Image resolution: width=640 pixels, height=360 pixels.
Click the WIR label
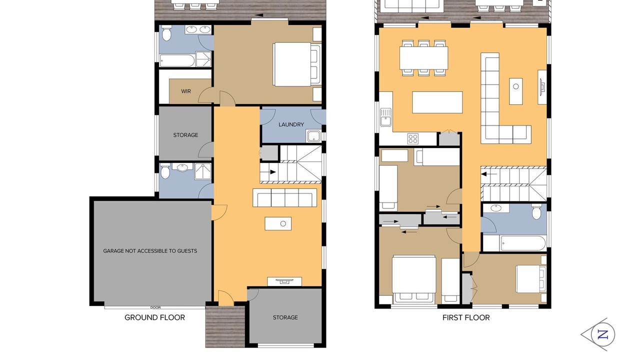(186, 91)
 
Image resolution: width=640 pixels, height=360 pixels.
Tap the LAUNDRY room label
(291, 124)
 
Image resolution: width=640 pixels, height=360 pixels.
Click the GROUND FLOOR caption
(154, 317)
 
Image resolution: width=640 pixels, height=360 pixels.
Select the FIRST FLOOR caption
(466, 317)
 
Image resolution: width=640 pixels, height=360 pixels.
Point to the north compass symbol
(599, 334)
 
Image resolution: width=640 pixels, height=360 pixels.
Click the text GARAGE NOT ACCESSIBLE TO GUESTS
(150, 251)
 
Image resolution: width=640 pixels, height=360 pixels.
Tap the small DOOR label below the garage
(155, 307)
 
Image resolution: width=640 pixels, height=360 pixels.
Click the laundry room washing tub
(313, 135)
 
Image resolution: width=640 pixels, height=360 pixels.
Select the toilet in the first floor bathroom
(536, 211)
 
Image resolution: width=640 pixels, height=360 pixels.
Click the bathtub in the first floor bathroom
(523, 243)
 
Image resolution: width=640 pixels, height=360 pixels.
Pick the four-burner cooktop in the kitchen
(413, 139)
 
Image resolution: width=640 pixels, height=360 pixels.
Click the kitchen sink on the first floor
(385, 117)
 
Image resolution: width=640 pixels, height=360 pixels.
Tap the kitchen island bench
(437, 102)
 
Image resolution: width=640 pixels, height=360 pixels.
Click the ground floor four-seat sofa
(284, 197)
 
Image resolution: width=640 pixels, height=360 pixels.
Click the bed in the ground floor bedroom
(297, 64)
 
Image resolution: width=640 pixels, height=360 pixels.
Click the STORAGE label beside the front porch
(285, 317)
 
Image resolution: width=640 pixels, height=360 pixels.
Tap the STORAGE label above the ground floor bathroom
(185, 135)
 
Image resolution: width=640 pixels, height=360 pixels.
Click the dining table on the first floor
(423, 58)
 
